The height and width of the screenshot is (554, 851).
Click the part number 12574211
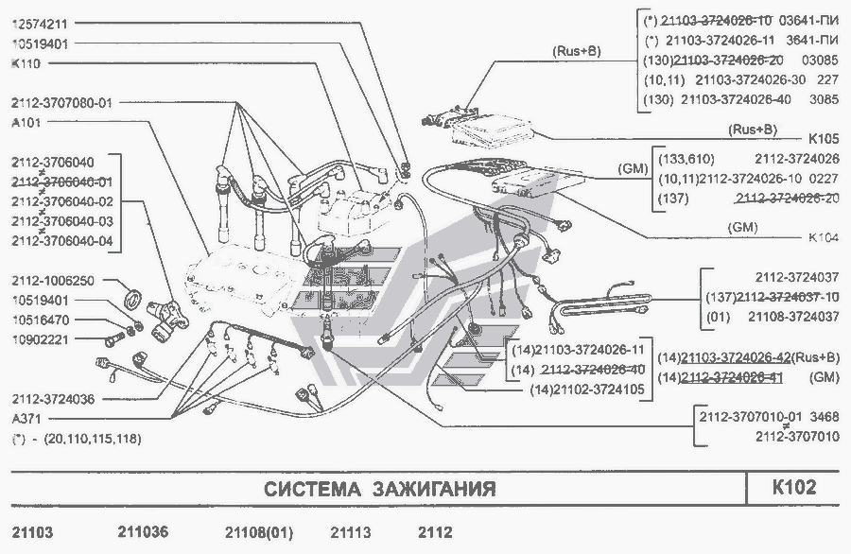tap(45, 22)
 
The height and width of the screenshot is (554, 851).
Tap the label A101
tap(26, 122)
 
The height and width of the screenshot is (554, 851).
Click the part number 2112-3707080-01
tap(61, 102)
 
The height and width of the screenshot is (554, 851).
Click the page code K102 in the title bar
tap(793, 488)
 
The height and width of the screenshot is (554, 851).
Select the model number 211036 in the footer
tap(144, 532)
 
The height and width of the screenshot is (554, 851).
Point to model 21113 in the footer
tap(350, 532)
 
